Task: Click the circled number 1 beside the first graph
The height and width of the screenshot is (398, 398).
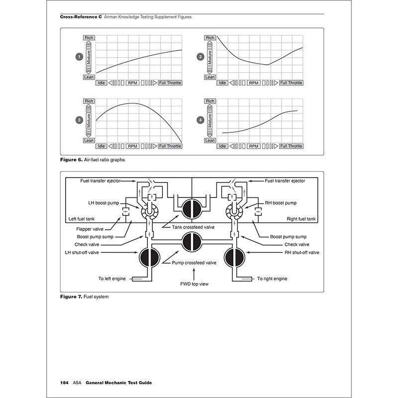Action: click(79, 58)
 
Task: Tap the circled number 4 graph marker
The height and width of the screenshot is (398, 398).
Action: click(200, 120)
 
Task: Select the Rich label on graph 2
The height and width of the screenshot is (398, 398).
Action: click(210, 38)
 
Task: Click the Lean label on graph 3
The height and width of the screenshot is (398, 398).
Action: click(89, 141)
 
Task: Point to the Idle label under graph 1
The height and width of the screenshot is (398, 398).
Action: click(101, 83)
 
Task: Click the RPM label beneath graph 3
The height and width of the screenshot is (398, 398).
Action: click(132, 146)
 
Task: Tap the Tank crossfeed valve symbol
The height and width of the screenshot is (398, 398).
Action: click(191, 208)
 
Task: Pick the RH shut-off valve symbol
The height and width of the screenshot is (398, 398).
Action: click(234, 257)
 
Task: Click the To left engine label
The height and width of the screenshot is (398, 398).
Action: click(112, 279)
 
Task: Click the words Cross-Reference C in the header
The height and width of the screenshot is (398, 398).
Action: click(80, 16)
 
